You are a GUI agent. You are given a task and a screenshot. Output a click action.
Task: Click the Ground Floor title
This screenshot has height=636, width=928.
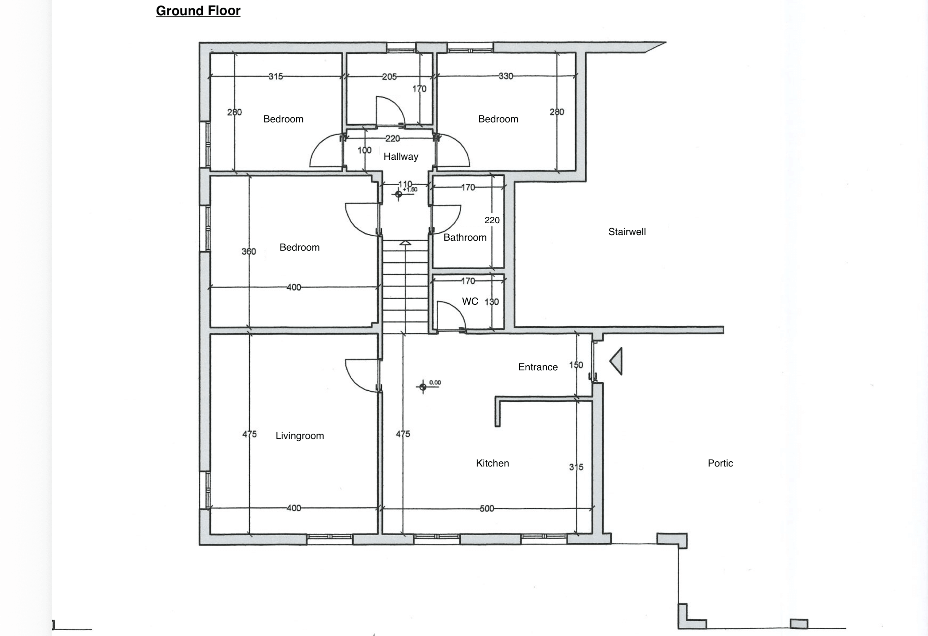pyautogui.click(x=198, y=11)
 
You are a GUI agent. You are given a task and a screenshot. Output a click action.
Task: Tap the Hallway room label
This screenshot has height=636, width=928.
pyautogui.click(x=401, y=157)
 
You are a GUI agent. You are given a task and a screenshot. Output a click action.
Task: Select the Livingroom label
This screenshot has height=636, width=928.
pyautogui.click(x=299, y=436)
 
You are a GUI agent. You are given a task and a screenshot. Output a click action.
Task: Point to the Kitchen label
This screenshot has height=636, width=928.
pyautogui.click(x=492, y=463)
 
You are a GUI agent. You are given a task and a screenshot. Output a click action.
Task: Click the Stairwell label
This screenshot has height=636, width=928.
pyautogui.click(x=627, y=232)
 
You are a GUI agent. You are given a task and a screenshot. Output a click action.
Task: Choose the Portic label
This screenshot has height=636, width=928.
pyautogui.click(x=720, y=463)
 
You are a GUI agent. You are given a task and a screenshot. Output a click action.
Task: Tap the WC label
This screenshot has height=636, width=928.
pyautogui.click(x=470, y=302)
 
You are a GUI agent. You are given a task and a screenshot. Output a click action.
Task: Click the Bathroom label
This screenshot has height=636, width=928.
pyautogui.click(x=465, y=238)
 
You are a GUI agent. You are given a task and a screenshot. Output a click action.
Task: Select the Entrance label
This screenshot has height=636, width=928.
pyautogui.click(x=538, y=367)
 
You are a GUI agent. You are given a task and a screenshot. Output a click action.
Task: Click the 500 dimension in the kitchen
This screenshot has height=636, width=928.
pyautogui.click(x=487, y=508)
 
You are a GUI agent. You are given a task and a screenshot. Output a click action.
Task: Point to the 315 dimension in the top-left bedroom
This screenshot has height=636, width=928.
pyautogui.click(x=275, y=76)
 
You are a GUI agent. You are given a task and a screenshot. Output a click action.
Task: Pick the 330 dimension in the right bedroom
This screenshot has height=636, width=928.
pyautogui.click(x=506, y=76)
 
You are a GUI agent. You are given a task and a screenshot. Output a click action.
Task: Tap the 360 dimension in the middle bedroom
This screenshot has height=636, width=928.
pyautogui.click(x=249, y=252)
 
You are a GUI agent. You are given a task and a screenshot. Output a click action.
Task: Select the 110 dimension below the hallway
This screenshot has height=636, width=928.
pyautogui.click(x=405, y=184)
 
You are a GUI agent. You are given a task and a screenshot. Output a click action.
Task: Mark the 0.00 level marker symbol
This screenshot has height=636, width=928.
pyautogui.click(x=423, y=386)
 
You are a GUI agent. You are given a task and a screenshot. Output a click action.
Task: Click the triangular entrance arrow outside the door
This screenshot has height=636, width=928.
pyautogui.click(x=616, y=361)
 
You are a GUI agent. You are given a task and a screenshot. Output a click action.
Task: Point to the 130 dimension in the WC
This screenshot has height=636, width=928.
pyautogui.click(x=492, y=302)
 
